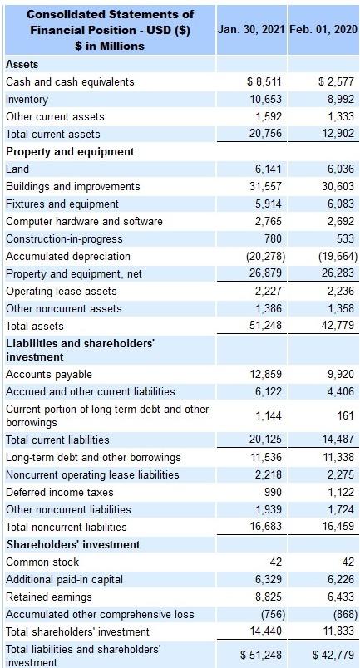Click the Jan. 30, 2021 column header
(251, 29)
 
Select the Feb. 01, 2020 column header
(323, 29)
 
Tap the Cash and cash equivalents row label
(70, 81)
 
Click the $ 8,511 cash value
(265, 81)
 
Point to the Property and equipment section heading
(70, 151)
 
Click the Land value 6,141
(269, 169)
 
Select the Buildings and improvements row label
(73, 186)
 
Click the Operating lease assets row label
(62, 291)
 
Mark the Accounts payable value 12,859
(266, 374)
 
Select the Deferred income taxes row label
(60, 492)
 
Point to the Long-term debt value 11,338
(338, 457)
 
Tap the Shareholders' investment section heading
(74, 544)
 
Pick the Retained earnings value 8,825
(269, 597)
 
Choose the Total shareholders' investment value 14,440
(266, 631)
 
